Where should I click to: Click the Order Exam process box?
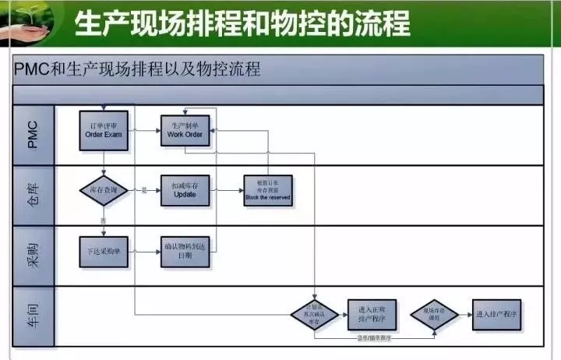point(104,129)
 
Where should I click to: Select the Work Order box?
point(185,129)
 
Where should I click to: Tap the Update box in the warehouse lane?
point(185,190)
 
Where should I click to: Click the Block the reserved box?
point(267,190)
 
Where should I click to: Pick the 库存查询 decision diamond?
point(104,190)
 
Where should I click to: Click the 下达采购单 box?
point(104,251)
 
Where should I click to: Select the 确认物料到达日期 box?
point(185,252)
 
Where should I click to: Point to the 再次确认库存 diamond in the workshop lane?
point(314,314)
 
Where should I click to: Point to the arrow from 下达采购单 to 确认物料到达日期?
point(144,251)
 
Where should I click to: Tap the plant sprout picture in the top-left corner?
point(27,19)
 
